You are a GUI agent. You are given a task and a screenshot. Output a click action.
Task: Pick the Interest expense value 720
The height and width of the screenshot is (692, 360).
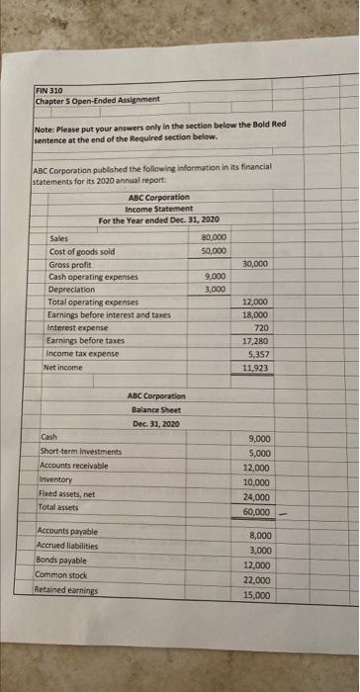(261, 326)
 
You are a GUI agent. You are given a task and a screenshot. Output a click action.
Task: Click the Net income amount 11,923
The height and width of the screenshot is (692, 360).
(256, 367)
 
